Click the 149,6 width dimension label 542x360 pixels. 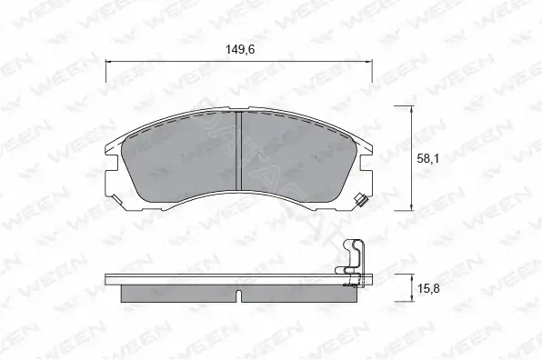click(x=240, y=50)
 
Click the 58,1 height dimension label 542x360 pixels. click(x=428, y=158)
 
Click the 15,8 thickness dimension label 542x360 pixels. click(x=428, y=288)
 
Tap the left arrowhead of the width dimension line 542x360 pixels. click(x=108, y=62)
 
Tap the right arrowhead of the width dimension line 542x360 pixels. click(x=369, y=62)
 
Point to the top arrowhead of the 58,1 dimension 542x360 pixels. click(x=411, y=109)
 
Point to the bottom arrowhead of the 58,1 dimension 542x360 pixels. click(x=411, y=207)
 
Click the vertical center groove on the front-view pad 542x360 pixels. click(x=238, y=151)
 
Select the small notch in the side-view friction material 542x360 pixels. click(x=238, y=295)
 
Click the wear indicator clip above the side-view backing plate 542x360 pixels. click(x=354, y=263)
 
